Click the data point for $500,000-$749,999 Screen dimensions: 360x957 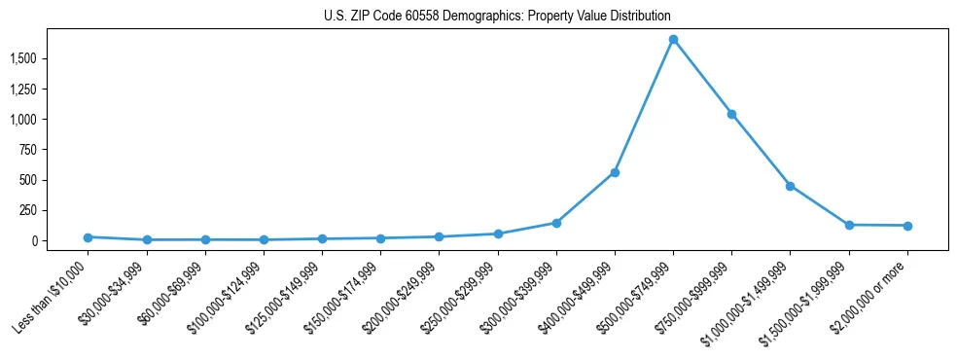(x=673, y=39)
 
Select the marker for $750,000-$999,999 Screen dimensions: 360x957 (x=731, y=114)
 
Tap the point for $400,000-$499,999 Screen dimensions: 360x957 (x=615, y=172)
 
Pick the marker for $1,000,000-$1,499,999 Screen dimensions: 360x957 (x=790, y=186)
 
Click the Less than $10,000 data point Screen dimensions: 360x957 (x=88, y=236)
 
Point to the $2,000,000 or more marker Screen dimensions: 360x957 (x=907, y=226)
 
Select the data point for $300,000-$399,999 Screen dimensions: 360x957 (x=556, y=223)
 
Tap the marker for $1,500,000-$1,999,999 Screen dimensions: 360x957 (x=849, y=225)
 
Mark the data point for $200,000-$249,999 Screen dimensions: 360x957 (x=439, y=236)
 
